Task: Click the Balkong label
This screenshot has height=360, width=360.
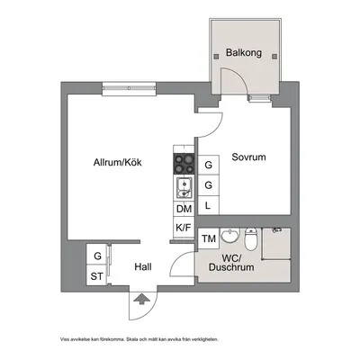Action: (x=244, y=53)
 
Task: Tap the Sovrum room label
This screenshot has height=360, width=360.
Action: (x=248, y=157)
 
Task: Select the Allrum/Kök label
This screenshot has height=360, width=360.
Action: (x=118, y=163)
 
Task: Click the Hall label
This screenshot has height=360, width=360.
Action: (x=143, y=266)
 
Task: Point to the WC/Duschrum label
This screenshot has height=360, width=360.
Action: (x=231, y=263)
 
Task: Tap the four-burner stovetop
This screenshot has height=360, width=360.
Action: (x=184, y=164)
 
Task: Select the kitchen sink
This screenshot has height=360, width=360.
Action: (x=184, y=188)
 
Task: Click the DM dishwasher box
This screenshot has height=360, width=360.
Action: (x=184, y=209)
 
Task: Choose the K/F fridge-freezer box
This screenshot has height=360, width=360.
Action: (x=184, y=228)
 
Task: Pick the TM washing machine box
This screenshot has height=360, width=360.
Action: (x=209, y=238)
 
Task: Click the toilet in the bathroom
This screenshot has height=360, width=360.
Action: (x=250, y=238)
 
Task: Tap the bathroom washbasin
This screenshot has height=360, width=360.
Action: (x=230, y=236)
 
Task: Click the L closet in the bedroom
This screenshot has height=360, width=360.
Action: (x=209, y=205)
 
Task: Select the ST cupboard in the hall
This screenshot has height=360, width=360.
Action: (x=96, y=275)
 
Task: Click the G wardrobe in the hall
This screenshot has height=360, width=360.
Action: (x=96, y=255)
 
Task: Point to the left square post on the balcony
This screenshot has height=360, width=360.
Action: (x=216, y=56)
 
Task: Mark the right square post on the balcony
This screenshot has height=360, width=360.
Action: (x=274, y=56)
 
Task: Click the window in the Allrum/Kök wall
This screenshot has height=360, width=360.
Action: (x=129, y=88)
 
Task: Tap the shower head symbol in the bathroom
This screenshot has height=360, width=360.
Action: (x=276, y=229)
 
